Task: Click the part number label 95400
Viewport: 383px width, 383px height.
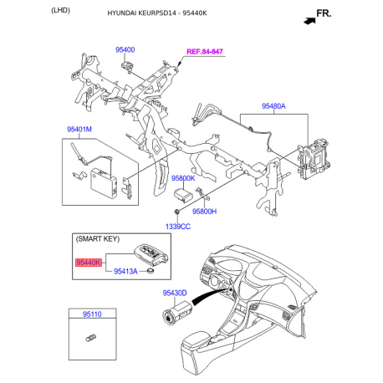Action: click(x=125, y=50)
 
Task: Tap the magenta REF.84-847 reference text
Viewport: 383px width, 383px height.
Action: click(x=205, y=52)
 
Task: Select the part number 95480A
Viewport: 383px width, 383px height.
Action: click(x=273, y=106)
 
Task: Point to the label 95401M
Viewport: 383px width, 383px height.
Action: click(x=79, y=130)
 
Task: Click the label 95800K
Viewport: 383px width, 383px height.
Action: click(x=183, y=178)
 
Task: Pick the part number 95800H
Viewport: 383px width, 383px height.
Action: click(x=204, y=212)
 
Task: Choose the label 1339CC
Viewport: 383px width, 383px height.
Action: click(x=178, y=227)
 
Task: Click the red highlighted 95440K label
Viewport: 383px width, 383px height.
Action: click(x=89, y=263)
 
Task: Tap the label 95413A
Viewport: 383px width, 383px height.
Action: click(x=125, y=271)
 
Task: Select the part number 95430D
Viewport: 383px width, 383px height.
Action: click(x=175, y=294)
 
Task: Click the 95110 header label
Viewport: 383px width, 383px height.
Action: click(x=92, y=314)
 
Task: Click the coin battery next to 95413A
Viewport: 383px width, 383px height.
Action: click(x=151, y=271)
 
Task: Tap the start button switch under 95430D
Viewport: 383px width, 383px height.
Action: click(x=176, y=312)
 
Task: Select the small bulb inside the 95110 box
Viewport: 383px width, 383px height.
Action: click(x=90, y=338)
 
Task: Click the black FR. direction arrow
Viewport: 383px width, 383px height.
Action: click(x=309, y=21)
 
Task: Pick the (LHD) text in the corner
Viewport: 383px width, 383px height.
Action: click(x=60, y=10)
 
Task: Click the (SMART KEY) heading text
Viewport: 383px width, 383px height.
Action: click(x=98, y=239)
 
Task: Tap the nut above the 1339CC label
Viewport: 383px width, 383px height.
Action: click(x=176, y=212)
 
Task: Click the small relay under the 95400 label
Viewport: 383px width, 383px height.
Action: click(x=127, y=66)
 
